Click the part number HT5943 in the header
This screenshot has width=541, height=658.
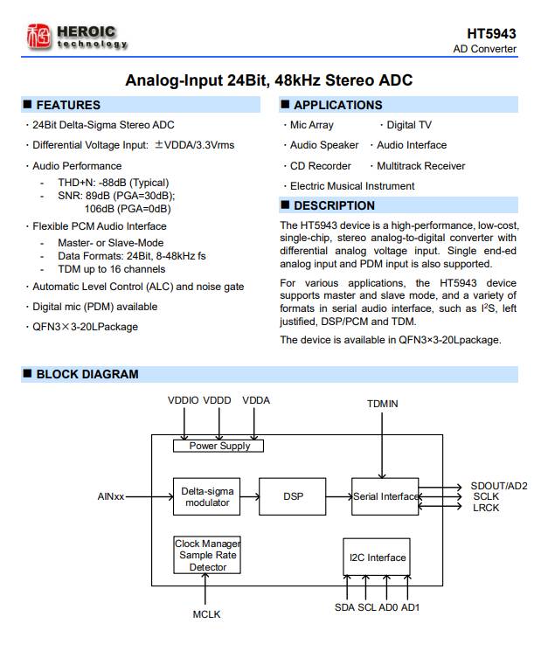[x=492, y=33]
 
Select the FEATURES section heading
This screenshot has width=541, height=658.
[x=68, y=105]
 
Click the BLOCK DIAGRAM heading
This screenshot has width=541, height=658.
[x=87, y=374]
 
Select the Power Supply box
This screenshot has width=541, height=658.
[x=219, y=446]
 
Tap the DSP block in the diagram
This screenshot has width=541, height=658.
[x=293, y=496]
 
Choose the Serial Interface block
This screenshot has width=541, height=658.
[x=385, y=496]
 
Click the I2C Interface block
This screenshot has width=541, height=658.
[x=377, y=558]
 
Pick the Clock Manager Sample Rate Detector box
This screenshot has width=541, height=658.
[x=207, y=556]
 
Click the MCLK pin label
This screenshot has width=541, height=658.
[x=207, y=614]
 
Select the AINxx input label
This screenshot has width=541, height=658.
[x=111, y=497]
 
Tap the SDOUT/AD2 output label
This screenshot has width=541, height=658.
[x=498, y=486]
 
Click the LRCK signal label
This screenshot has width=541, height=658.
[x=485, y=508]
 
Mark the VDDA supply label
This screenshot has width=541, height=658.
[x=255, y=400]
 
